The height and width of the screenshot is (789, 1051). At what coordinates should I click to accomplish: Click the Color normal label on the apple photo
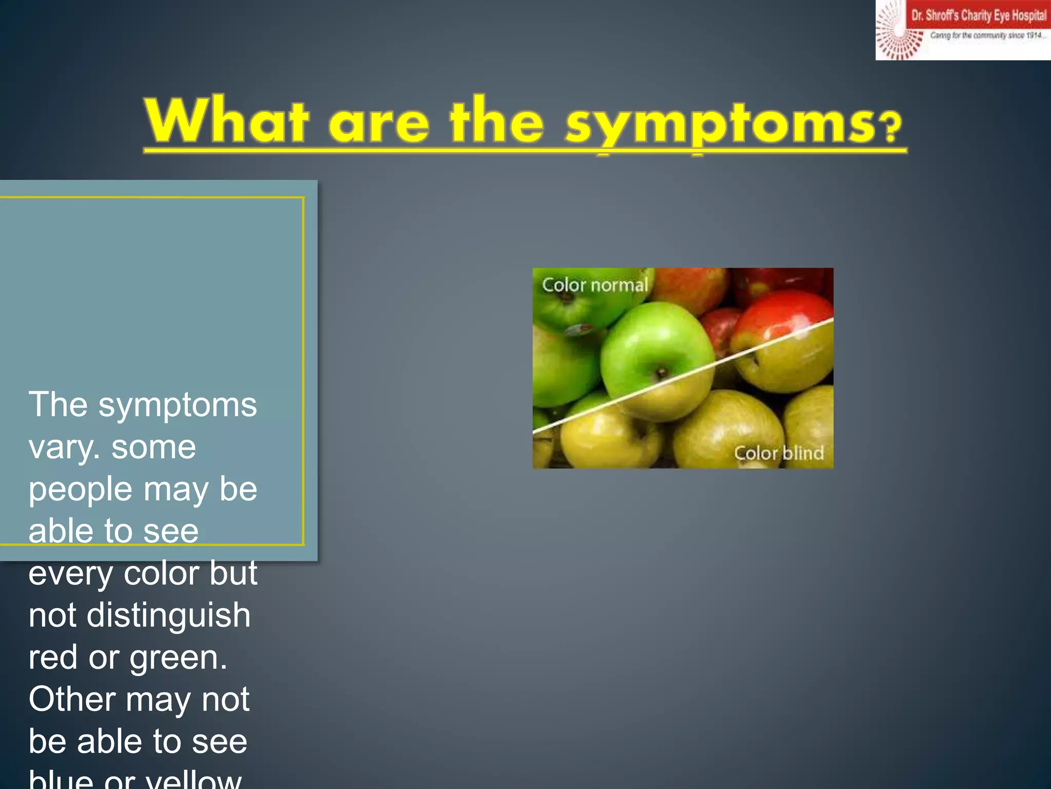(594, 285)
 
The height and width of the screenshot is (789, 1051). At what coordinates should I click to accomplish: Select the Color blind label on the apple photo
(778, 453)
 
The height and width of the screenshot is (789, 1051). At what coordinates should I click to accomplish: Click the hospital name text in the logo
(978, 15)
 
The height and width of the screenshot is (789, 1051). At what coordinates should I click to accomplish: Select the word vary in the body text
(61, 448)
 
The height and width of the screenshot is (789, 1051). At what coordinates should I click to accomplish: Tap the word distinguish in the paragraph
(168, 615)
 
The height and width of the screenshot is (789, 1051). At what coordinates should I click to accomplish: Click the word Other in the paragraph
(72, 700)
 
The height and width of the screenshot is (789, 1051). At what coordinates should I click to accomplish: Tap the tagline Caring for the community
(986, 35)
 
